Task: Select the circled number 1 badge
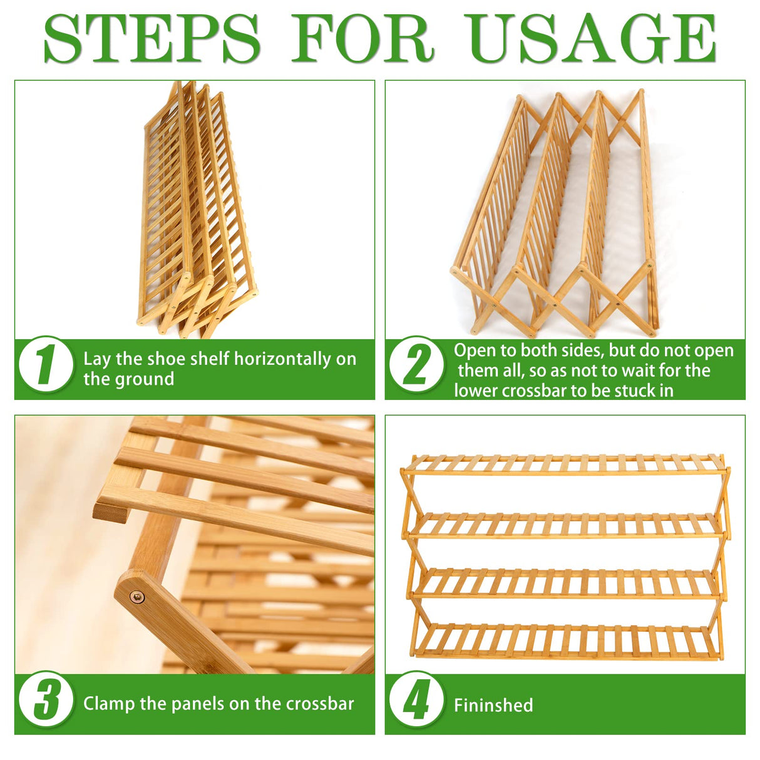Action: tap(45, 364)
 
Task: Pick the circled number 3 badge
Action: tap(45, 699)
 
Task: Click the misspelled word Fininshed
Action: tap(493, 705)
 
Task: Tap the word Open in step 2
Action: tap(473, 351)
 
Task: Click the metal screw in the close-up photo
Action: tap(136, 597)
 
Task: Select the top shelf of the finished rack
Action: tap(565, 465)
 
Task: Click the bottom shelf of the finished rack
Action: tap(566, 641)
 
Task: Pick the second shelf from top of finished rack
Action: tap(566, 525)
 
